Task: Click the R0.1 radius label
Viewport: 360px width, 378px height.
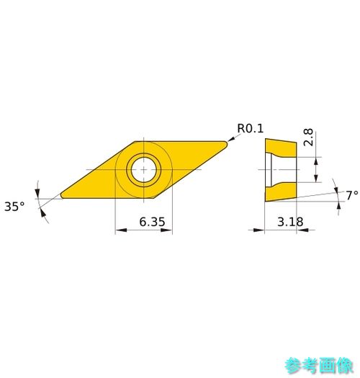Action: click(250, 128)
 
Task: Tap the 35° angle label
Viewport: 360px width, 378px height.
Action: click(14, 207)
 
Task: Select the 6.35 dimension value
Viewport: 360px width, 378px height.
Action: click(152, 222)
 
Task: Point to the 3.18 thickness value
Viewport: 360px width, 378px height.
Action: click(290, 222)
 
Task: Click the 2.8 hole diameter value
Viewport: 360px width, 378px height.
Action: click(308, 138)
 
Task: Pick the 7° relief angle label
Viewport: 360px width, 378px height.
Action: click(352, 195)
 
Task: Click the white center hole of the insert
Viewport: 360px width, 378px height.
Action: click(144, 170)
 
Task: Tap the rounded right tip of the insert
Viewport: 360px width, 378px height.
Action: click(225, 144)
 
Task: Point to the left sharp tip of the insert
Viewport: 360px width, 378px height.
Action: click(62, 195)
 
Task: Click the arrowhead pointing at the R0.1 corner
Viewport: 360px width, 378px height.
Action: click(231, 139)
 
